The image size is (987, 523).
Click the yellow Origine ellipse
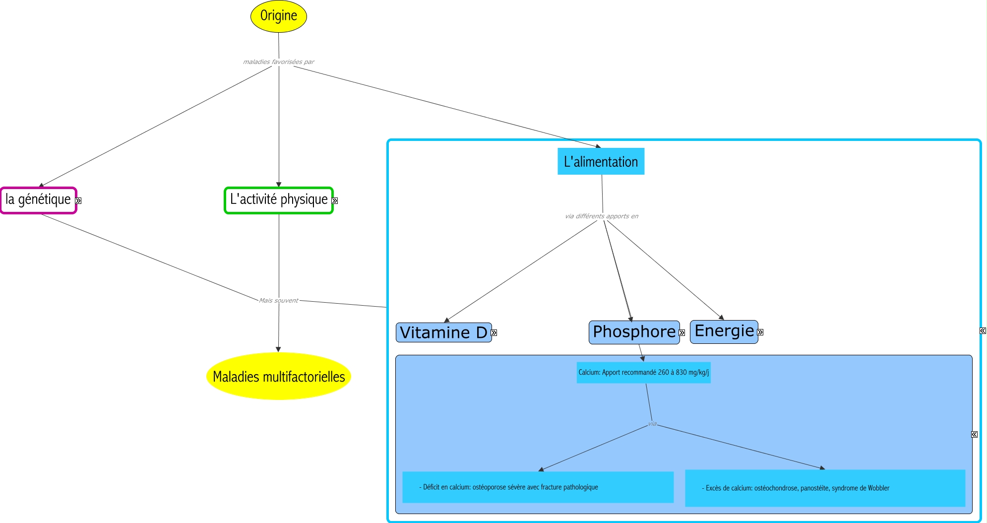click(278, 16)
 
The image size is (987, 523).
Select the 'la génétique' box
click(38, 200)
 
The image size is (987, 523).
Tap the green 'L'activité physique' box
click(278, 200)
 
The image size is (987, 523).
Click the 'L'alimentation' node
click(601, 162)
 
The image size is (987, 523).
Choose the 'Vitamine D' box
click(443, 332)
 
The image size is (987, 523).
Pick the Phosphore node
click(634, 332)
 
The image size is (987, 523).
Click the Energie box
click(724, 331)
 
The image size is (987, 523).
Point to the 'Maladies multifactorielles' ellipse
click(278, 377)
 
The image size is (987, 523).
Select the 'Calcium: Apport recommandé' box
click(643, 373)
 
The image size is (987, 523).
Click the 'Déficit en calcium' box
click(538, 487)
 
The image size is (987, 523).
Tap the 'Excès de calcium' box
click(825, 488)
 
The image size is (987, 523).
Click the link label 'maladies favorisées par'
click(278, 62)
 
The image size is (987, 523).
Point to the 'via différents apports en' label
click(601, 216)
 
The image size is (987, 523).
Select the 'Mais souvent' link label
click(278, 301)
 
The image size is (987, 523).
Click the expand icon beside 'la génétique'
click(78, 201)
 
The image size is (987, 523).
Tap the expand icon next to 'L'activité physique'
click(335, 201)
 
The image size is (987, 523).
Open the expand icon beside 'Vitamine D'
click(494, 333)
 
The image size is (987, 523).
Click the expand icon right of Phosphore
click(682, 333)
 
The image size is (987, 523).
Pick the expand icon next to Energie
click(760, 332)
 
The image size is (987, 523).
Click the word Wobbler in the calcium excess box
click(878, 488)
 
